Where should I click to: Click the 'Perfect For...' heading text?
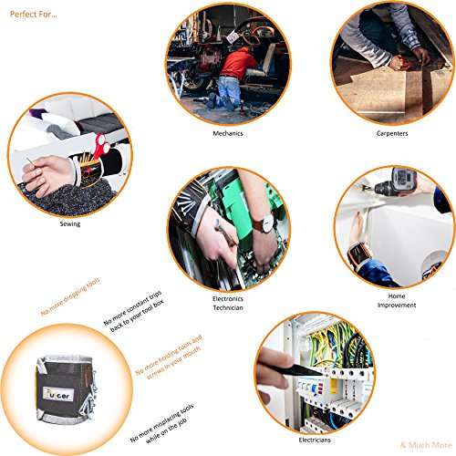point(34,15)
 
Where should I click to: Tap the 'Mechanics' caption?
point(228,133)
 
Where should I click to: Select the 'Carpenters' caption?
point(392,133)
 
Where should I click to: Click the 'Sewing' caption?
point(70,224)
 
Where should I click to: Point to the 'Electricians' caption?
point(315,440)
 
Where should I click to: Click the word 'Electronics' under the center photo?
point(228,298)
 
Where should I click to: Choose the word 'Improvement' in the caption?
point(397,305)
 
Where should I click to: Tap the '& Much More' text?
point(426,445)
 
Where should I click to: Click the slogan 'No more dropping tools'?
point(70,296)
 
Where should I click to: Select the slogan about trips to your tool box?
point(134,311)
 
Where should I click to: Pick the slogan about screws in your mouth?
point(169,358)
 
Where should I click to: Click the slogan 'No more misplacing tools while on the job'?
point(162,424)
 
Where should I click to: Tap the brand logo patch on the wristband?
point(58,394)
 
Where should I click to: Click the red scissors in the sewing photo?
point(100,145)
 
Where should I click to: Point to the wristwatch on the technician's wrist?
point(265,223)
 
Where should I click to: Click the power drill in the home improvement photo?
point(395,182)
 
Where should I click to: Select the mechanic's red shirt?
point(236,63)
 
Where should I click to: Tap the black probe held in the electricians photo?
point(301,370)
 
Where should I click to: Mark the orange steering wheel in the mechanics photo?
point(254,35)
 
